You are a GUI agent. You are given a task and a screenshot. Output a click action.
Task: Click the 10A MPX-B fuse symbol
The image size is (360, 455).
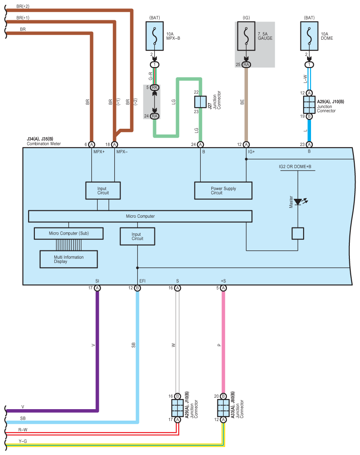154,36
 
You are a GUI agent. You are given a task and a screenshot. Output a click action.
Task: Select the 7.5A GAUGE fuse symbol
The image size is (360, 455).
246,36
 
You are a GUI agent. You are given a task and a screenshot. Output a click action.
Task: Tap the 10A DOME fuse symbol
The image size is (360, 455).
309,36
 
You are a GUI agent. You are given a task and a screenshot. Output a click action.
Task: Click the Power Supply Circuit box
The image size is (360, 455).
223,190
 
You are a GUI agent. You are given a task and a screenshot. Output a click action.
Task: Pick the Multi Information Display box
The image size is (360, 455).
68,259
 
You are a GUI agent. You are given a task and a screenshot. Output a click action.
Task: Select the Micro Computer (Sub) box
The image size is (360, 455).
68,233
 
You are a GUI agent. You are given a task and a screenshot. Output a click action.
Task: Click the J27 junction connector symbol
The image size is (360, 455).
200,102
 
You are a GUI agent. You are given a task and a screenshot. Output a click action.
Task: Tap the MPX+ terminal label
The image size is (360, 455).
99,152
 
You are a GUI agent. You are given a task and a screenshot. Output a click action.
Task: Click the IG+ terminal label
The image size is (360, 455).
251,152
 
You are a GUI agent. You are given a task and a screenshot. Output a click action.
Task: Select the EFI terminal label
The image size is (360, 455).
142,281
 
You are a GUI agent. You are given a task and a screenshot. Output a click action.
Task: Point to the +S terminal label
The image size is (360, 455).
223,281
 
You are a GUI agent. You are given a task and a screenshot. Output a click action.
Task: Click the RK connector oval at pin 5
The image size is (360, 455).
154,87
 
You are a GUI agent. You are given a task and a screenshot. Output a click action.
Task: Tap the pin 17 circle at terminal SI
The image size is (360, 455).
97,288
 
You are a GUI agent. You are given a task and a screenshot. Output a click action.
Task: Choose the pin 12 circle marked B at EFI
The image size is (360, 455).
137,288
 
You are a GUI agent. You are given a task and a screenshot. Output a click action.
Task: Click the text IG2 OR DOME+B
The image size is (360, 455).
295,167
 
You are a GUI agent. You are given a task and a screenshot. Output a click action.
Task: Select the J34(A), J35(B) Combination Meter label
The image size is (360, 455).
44,142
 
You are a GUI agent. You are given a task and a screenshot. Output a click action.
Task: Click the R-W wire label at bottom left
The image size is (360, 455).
22,430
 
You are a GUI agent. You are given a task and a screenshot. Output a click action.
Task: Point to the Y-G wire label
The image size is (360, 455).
22,441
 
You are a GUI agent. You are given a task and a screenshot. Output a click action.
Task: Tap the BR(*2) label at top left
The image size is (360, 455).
22,6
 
